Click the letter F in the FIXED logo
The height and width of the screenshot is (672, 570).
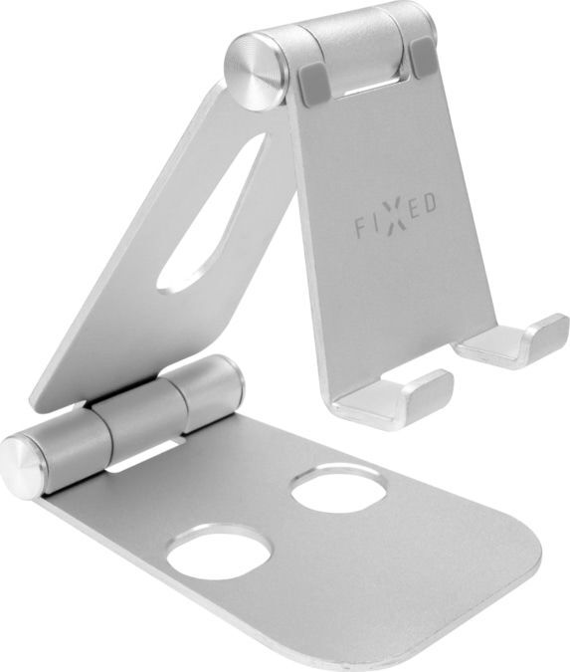pos(360,227)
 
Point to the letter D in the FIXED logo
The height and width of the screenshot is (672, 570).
pos(430,203)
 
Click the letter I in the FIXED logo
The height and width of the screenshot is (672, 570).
pos(374,223)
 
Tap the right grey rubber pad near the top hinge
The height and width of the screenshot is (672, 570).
pos(422,58)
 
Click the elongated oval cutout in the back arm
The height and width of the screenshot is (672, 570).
pos(210,213)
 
